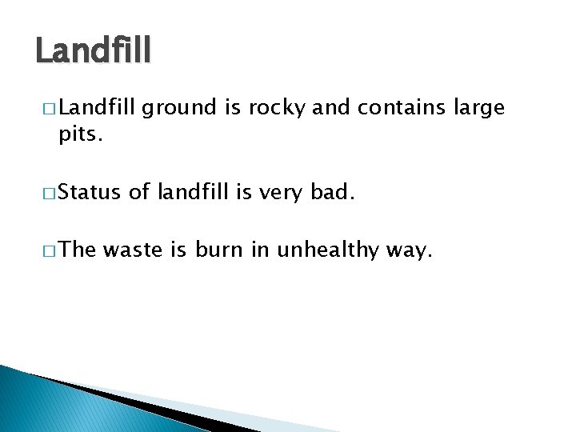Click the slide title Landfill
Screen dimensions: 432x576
[93, 52]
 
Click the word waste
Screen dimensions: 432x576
[133, 250]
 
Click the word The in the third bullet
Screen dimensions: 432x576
[78, 250]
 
